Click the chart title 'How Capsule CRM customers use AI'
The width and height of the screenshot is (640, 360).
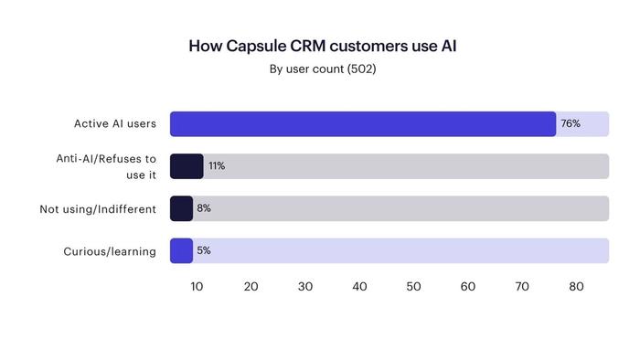[x=321, y=46]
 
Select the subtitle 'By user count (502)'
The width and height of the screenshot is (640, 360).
[x=321, y=69]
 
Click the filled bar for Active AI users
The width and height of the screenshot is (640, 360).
[x=363, y=124]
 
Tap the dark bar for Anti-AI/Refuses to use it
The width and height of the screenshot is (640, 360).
[x=187, y=166]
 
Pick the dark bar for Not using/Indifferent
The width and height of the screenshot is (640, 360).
[x=181, y=208]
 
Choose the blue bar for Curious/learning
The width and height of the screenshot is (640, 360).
[x=181, y=250]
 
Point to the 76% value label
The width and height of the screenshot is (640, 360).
[x=571, y=124]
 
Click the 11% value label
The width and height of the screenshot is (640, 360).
[x=217, y=166]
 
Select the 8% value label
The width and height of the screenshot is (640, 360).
[x=204, y=208]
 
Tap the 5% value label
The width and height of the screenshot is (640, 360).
[x=204, y=250]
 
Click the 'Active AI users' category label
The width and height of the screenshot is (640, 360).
[x=115, y=124]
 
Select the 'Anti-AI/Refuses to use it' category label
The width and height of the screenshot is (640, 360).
[x=106, y=166]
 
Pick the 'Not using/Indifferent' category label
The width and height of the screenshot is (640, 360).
[x=98, y=209]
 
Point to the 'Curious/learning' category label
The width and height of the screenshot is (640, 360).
[x=110, y=251]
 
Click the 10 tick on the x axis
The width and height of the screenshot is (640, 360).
[x=197, y=287]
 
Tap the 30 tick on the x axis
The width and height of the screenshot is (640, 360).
[x=305, y=287]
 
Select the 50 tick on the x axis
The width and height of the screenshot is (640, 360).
[x=413, y=287]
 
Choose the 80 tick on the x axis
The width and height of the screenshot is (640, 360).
[x=576, y=287]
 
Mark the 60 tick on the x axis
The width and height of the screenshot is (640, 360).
[x=468, y=287]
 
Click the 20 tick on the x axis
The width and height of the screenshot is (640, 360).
[x=251, y=287]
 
